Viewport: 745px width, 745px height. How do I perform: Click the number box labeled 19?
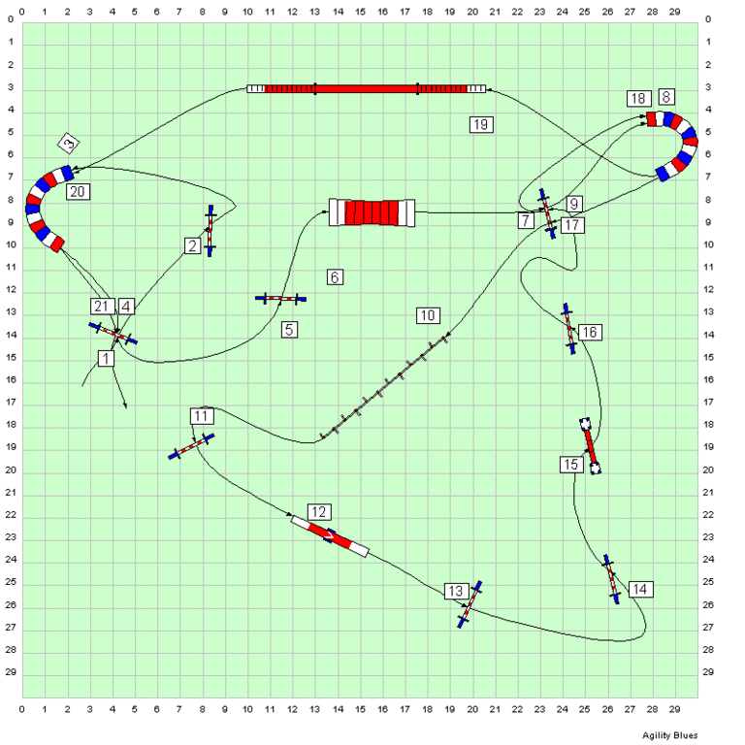coord(481,124)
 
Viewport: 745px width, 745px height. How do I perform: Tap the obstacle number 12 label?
coord(320,511)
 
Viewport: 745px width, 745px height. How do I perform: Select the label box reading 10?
coord(428,315)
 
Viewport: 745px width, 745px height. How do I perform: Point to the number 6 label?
coord(335,277)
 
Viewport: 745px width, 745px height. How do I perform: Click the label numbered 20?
coord(79,191)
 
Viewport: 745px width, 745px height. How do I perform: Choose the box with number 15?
coord(570,465)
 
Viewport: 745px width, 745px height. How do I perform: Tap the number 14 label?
coord(639,589)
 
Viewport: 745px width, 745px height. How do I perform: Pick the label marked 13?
coord(456,591)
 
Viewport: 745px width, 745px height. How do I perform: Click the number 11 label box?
coord(201,416)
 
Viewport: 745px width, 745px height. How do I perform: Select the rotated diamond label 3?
coord(68,145)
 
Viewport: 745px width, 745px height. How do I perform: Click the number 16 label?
coord(590,333)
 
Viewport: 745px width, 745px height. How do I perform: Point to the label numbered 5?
coord(289,330)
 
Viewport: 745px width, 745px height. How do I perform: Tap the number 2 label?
coord(193,246)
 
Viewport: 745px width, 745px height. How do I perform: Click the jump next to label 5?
coord(280,299)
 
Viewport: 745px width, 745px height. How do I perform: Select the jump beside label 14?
coord(611,580)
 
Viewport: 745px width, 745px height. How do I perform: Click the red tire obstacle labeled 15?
coord(590,445)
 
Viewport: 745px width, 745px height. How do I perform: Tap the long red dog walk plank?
coord(367,88)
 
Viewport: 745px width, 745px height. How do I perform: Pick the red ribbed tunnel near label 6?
coord(372,211)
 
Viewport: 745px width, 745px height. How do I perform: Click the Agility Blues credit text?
coord(669,735)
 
